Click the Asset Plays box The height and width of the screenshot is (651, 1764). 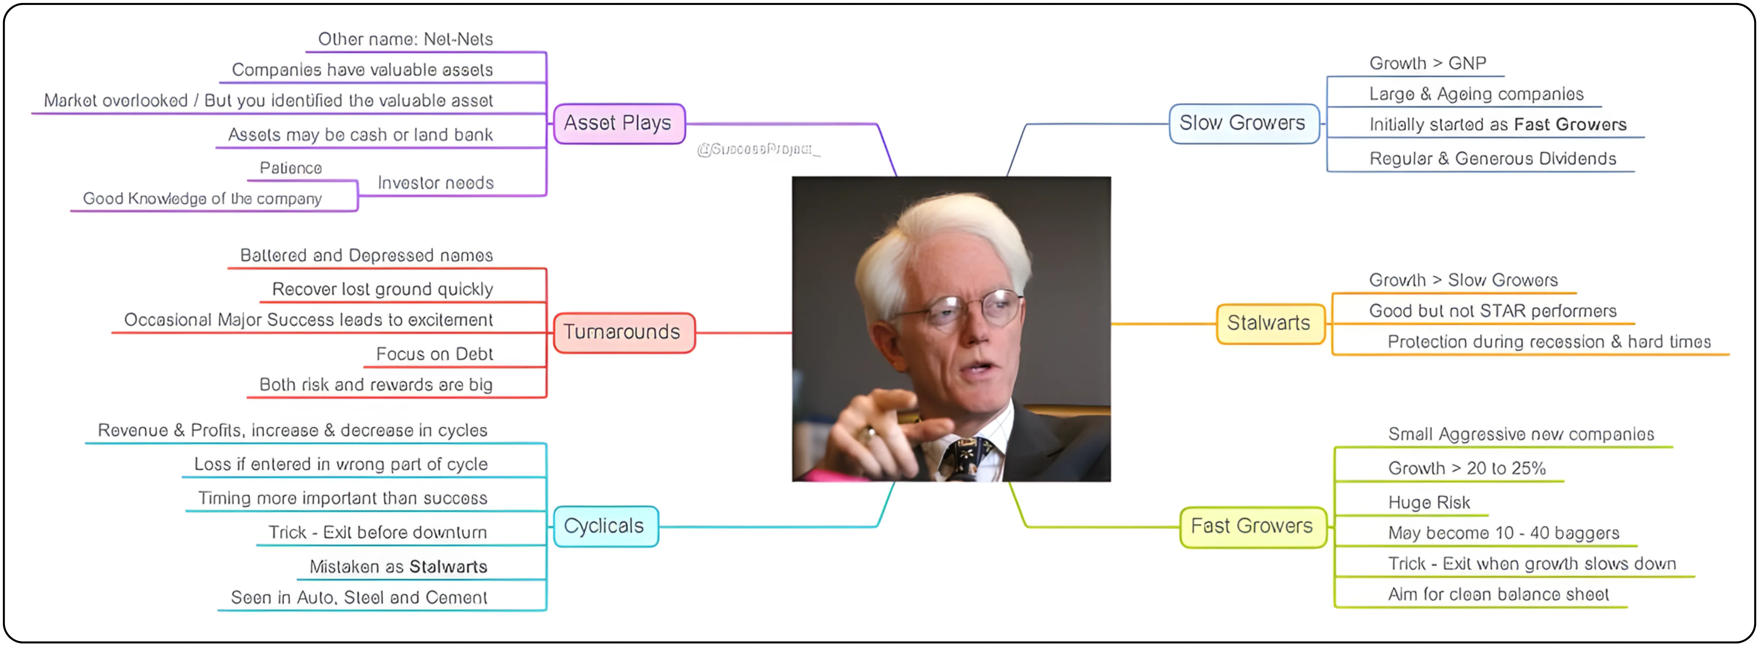[x=618, y=123]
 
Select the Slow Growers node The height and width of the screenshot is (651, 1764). [x=1243, y=123]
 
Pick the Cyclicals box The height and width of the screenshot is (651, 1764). [x=605, y=526]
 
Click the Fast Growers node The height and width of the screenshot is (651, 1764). [x=1253, y=526]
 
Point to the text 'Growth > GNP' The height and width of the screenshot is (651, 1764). [x=1428, y=64]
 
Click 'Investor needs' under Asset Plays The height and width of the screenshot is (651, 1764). [x=436, y=183]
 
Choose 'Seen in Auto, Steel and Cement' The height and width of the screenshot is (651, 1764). [x=359, y=598]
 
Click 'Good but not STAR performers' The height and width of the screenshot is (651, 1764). [x=1493, y=311]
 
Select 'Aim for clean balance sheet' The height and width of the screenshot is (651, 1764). [x=1498, y=595]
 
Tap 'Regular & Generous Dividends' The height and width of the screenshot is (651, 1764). [x=1493, y=159]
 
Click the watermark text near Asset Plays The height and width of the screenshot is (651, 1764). [x=758, y=149]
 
